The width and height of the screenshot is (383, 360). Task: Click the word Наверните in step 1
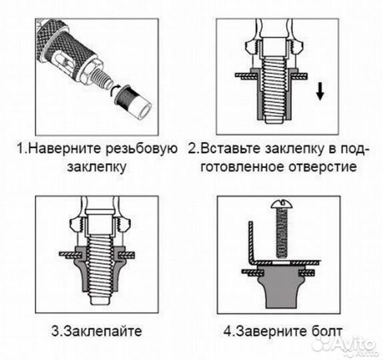coord(64,148)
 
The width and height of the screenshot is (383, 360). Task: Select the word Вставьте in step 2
coord(232,148)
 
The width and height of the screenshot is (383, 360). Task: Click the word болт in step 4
coord(326,330)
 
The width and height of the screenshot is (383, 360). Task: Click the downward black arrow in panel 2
coord(320,91)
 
